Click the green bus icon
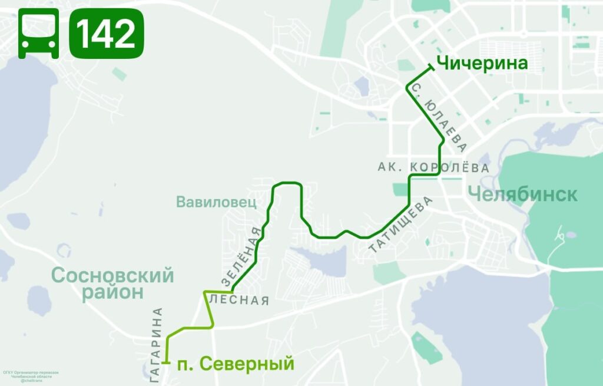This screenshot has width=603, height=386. tap(38, 34)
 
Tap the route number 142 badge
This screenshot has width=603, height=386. tap(107, 34)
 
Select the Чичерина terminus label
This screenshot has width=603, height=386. tap(482, 63)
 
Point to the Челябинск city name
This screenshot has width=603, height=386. tap(522, 194)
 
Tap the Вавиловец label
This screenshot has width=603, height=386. tap(216, 202)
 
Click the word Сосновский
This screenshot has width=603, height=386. tap(112, 275)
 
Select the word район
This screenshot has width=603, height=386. tap(112, 292)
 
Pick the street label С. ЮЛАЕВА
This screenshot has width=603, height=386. tap(440, 118)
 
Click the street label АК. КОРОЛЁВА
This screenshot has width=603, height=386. tap(433, 168)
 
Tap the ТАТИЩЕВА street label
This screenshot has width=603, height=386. tap(401, 226)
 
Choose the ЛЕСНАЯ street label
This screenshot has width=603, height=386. tap(239, 301)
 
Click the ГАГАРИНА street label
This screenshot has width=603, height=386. tap(157, 345)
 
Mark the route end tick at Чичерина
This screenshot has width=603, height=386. tap(431, 69)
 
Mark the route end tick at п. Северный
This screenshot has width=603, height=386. tap(168, 363)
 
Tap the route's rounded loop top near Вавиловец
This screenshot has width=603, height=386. tap(287, 183)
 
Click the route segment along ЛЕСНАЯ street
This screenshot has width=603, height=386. tap(218, 292)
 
